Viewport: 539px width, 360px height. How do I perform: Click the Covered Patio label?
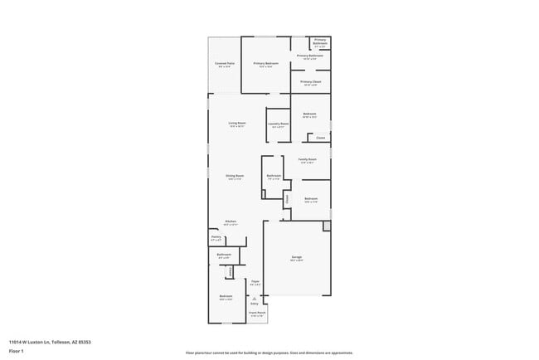point(224,63)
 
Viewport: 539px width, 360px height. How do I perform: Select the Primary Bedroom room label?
point(265,63)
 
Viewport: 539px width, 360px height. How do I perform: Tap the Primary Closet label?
point(311,82)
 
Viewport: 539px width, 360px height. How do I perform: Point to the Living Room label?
point(237,124)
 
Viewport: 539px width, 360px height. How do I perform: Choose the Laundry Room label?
point(279,124)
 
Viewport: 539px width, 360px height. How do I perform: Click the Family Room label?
point(308,159)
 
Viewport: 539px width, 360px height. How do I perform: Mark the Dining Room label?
point(235,176)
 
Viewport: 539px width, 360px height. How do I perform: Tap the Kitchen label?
point(231,221)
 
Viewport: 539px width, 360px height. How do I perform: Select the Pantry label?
point(216,237)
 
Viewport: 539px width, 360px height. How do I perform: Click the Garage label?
point(296,258)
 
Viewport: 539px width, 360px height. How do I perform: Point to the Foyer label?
point(255,282)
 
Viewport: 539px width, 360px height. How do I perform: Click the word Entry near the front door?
point(255,304)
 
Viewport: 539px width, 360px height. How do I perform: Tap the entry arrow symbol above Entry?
point(255,299)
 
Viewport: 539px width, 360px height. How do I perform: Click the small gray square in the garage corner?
point(327,226)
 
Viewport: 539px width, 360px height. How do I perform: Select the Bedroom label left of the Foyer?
point(226,296)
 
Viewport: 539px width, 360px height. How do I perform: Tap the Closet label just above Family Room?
point(320,138)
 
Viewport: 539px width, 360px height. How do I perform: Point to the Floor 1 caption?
point(17,351)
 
